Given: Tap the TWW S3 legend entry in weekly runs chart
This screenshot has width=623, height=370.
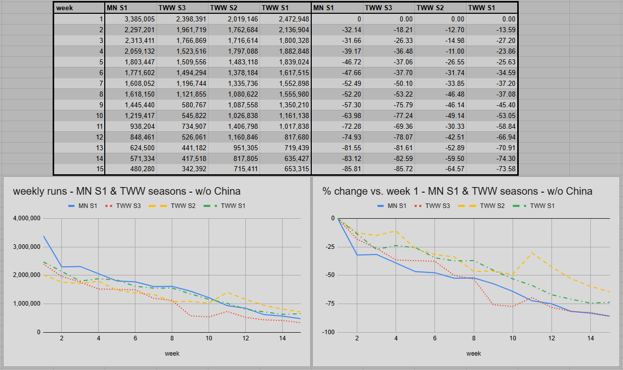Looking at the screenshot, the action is tap(123, 206).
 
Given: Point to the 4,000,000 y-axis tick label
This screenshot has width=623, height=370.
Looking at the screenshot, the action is tap(27, 218).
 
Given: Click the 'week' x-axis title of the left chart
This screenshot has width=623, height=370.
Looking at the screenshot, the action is tap(172, 354).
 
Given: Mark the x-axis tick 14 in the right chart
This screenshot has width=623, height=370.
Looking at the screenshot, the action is tap(590, 338).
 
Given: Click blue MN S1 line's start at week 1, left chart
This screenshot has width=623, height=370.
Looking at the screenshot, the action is tap(43, 236).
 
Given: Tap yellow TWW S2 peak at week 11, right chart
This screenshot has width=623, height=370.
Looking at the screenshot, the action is tap(532, 253).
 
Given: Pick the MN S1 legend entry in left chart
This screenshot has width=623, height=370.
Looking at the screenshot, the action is tap(83, 206).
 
